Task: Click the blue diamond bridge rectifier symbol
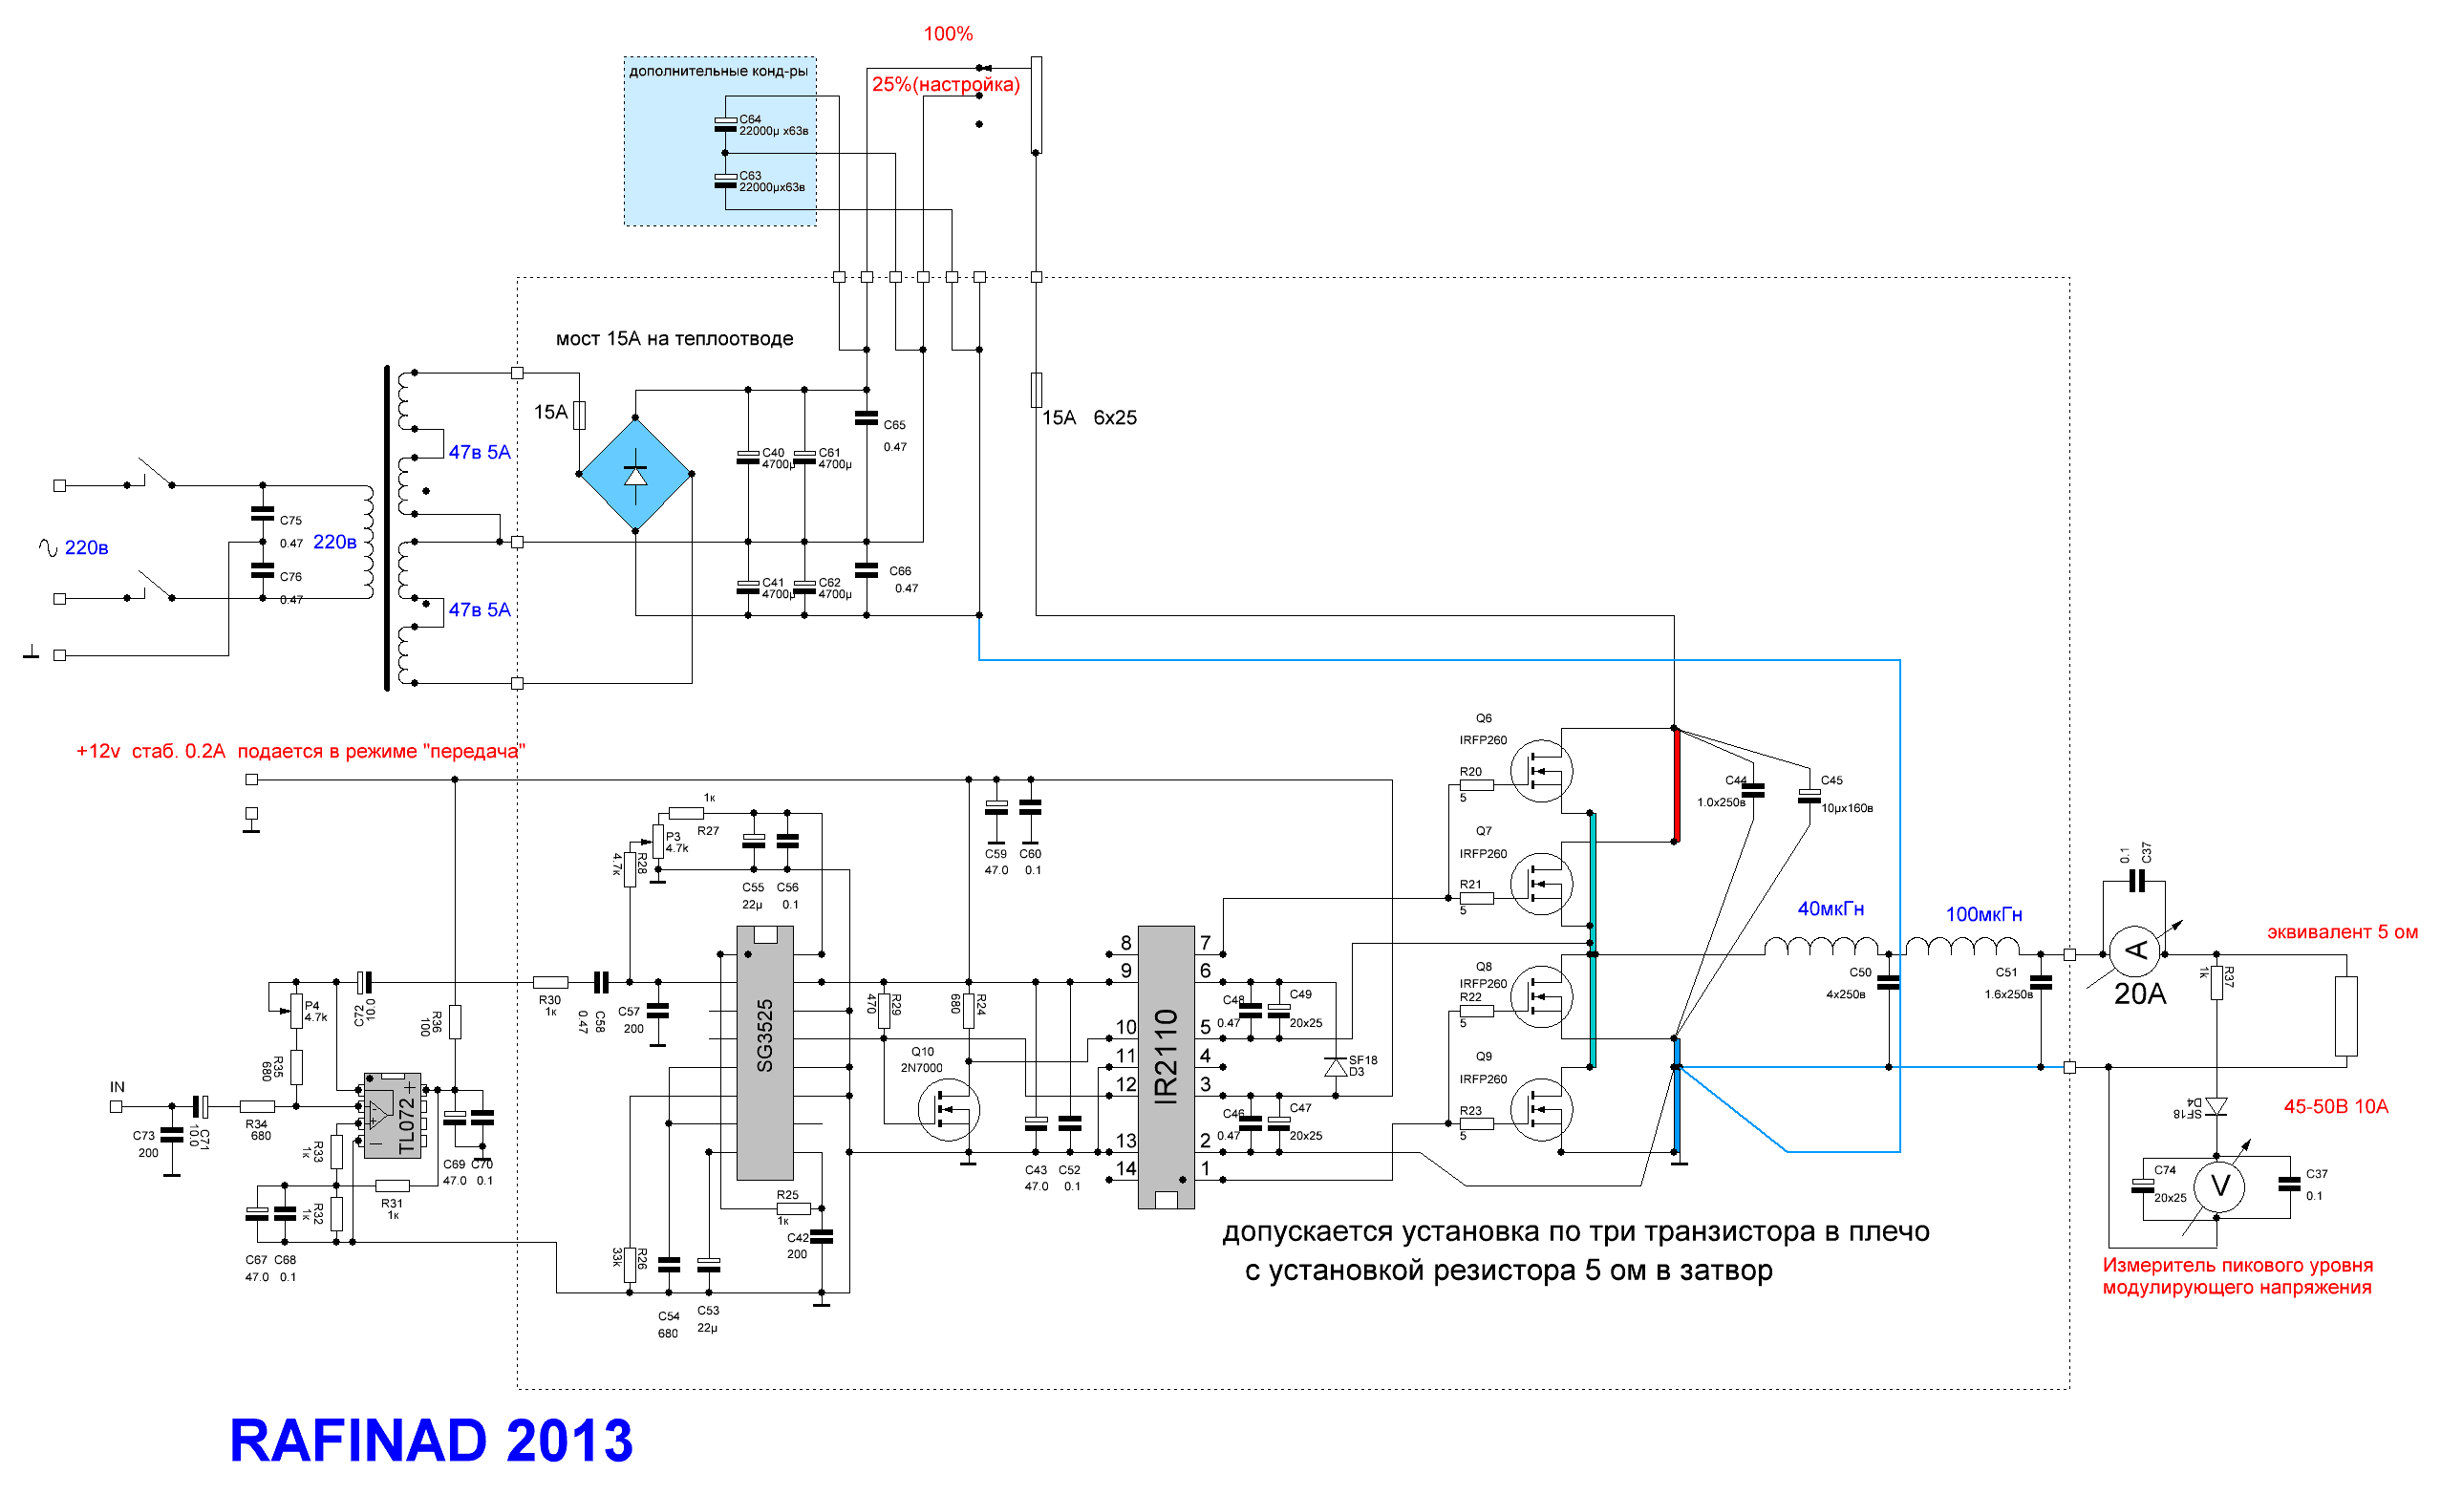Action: pyautogui.click(x=635, y=475)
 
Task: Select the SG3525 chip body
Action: pyautogui.click(x=765, y=1052)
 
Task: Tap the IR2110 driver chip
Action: pyautogui.click(x=1166, y=1067)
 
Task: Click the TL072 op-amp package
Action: pyautogui.click(x=394, y=1115)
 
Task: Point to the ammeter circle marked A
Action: pyautogui.click(x=2136, y=953)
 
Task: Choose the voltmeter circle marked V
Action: pyautogui.click(x=2219, y=1185)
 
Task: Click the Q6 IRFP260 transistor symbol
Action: pyautogui.click(x=1540, y=771)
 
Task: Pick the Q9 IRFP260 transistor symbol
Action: pyautogui.click(x=1540, y=1110)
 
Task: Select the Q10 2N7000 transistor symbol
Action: pyautogui.click(x=948, y=1109)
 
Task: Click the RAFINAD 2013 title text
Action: pyautogui.click(x=431, y=1440)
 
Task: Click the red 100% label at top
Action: pyautogui.click(x=948, y=34)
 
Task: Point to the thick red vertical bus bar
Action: pyautogui.click(x=1675, y=784)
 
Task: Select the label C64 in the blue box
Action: pyautogui.click(x=750, y=118)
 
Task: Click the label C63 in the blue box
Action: pyautogui.click(x=750, y=176)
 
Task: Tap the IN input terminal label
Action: pyautogui.click(x=117, y=1087)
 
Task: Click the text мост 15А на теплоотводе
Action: pyautogui.click(x=674, y=339)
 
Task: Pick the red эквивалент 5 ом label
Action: pyautogui.click(x=2342, y=932)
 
